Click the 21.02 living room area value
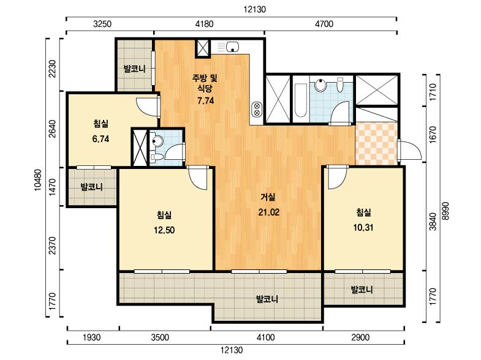coord(269,212)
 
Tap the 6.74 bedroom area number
coord(100,139)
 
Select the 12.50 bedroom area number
coord(164,230)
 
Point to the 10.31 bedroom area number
coord(363,227)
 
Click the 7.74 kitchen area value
coord(205,100)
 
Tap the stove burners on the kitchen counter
coord(257,110)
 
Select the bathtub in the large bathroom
coord(300,100)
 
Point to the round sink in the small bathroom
coord(157,141)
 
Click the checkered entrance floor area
coord(376,143)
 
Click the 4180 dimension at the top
coord(204,24)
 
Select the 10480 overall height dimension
coord(38,180)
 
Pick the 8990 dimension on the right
coord(445,211)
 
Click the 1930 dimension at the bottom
coord(92,337)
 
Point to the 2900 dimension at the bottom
coord(360,337)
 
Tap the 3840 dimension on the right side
coord(433,222)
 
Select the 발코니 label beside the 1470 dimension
coord(91,187)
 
